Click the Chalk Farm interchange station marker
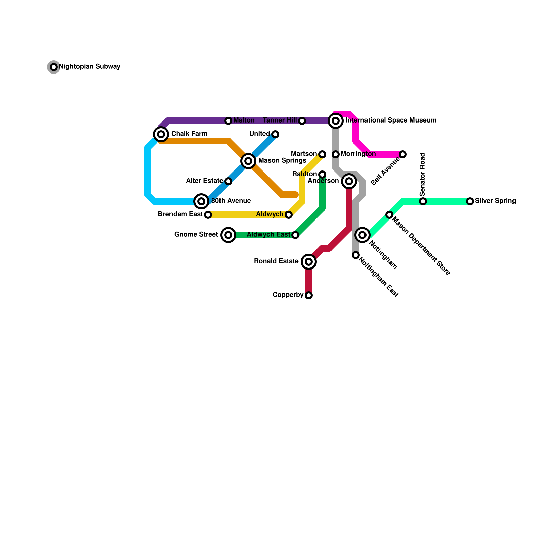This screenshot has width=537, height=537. click(x=161, y=134)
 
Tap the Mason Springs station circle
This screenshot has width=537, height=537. click(x=248, y=161)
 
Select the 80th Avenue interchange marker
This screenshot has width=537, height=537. click(x=201, y=201)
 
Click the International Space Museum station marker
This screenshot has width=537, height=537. click(x=336, y=121)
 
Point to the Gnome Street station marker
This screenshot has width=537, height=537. click(x=228, y=235)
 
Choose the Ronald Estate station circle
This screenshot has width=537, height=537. click(x=309, y=262)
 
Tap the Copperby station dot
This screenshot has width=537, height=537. click(x=309, y=295)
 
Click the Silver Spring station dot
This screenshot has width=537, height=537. click(x=470, y=201)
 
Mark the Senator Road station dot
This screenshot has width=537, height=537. click(x=423, y=201)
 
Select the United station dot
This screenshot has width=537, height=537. click(x=275, y=134)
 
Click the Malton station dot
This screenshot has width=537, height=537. click(x=228, y=121)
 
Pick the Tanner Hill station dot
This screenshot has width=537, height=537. click(x=302, y=121)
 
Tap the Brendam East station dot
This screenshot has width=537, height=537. click(x=208, y=215)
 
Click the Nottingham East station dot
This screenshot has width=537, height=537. click(x=356, y=255)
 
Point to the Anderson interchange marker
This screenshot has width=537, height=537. click(x=349, y=181)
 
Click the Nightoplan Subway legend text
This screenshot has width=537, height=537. click(x=90, y=67)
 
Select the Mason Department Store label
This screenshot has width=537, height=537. click(x=421, y=246)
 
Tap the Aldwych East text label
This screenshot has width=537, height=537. click(x=268, y=235)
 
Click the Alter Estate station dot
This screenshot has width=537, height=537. click(x=228, y=181)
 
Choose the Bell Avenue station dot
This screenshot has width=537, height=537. click(x=403, y=154)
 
